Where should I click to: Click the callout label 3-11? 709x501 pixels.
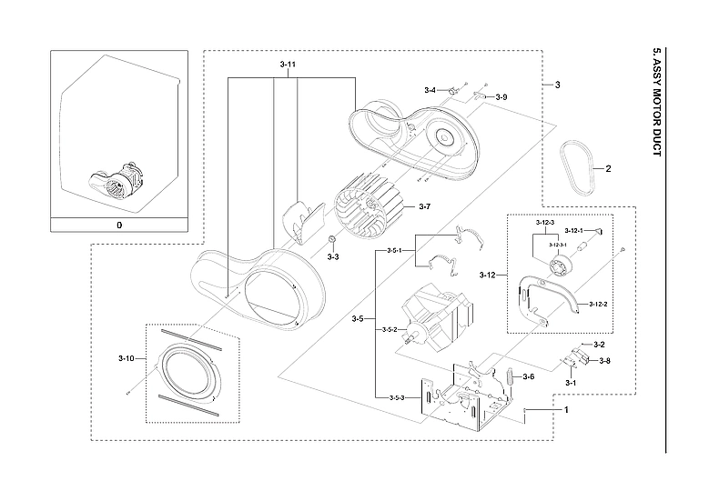[287, 65]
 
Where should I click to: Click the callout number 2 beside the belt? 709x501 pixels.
[609, 169]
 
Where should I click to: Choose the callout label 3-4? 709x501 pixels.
[430, 90]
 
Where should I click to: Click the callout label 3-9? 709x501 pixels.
[501, 96]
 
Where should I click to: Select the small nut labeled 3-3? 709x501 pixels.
[334, 239]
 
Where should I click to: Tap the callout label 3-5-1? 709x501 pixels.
[395, 250]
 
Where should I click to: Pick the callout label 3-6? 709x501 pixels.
[528, 376]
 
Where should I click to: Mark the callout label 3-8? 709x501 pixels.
[603, 361]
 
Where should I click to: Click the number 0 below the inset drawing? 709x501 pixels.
[117, 224]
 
